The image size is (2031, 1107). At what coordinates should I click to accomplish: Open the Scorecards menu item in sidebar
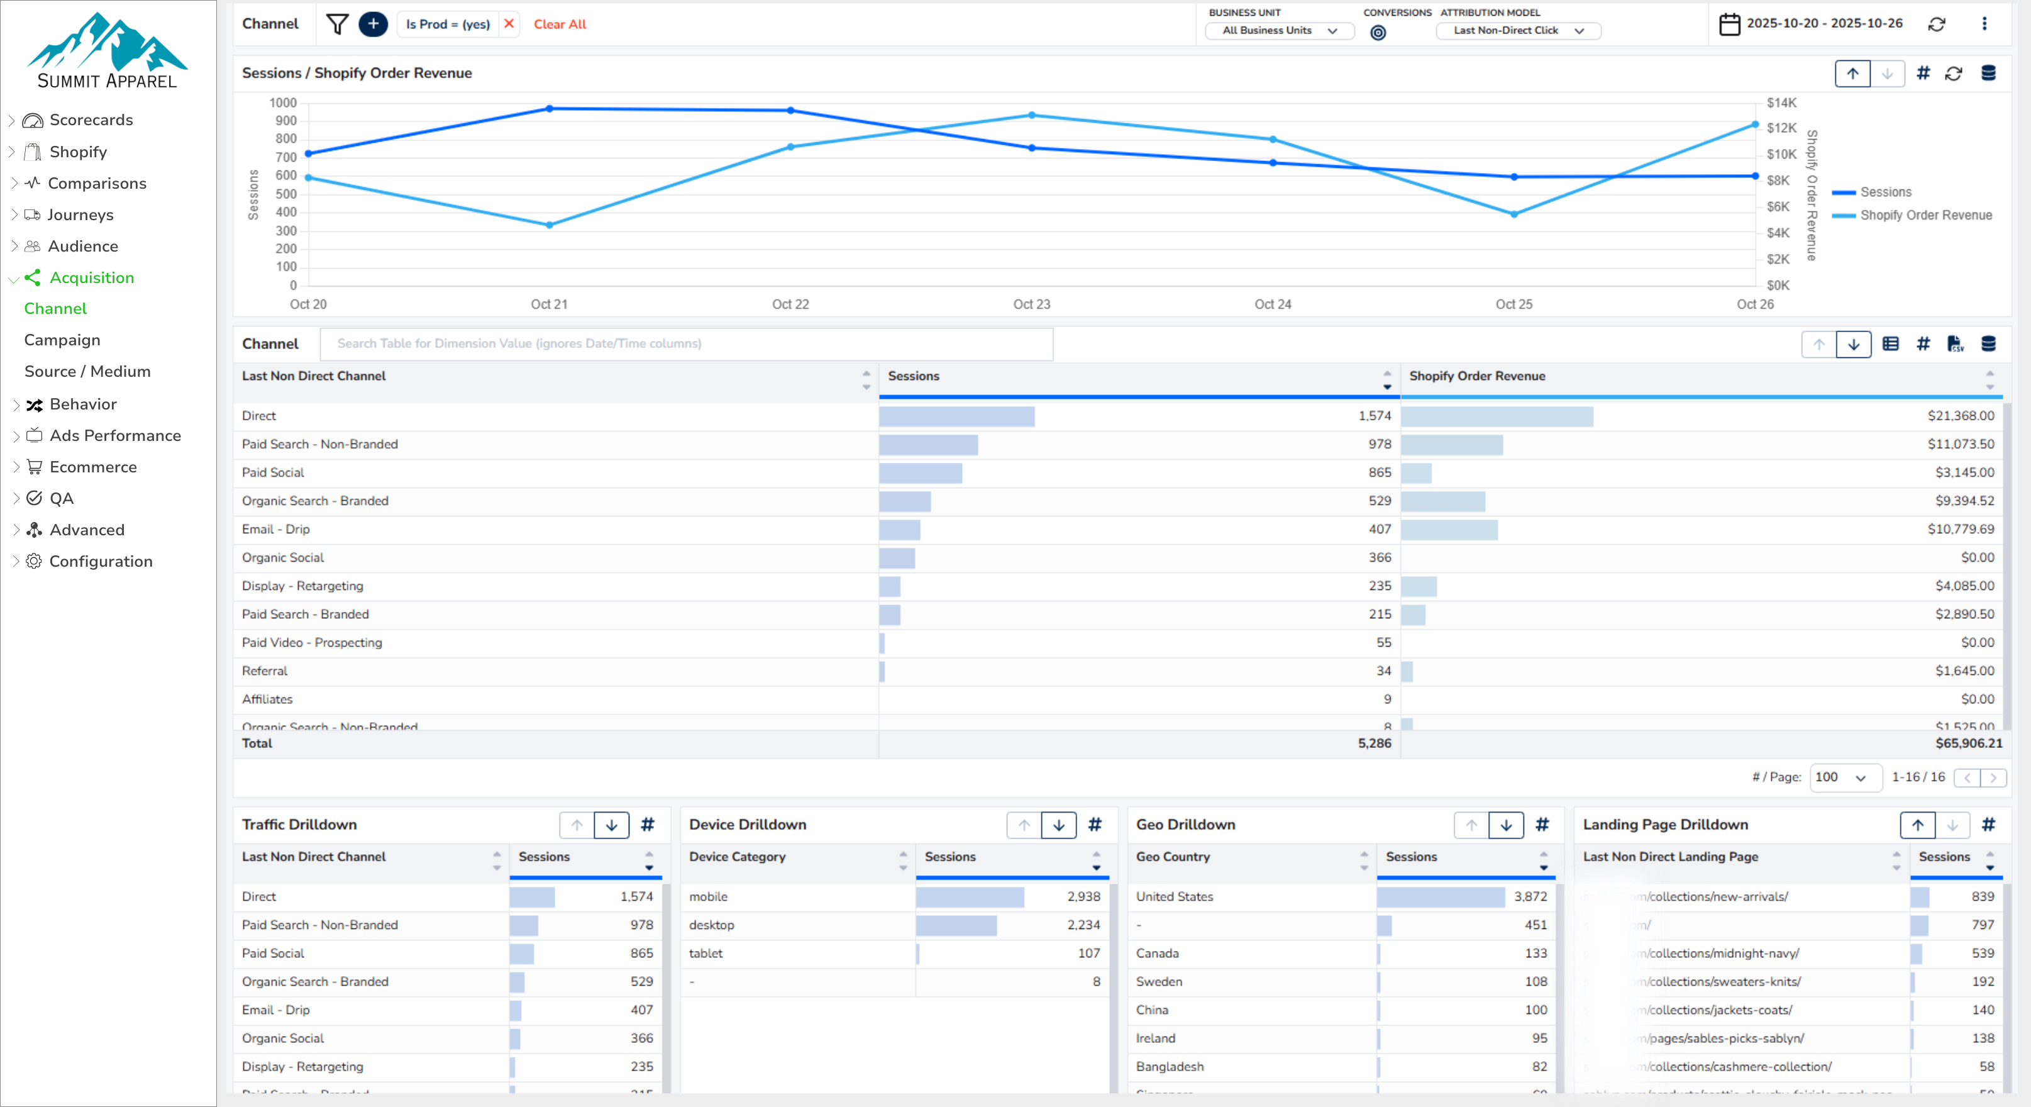pos(91,120)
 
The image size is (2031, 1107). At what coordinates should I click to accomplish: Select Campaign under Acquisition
pos(62,340)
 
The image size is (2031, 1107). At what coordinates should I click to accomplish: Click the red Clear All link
pos(560,25)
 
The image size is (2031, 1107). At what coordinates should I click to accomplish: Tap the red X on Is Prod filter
pos(509,24)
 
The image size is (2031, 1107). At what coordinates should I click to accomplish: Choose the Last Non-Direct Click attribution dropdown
pos(1518,31)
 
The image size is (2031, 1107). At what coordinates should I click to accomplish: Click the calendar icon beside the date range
pos(1729,24)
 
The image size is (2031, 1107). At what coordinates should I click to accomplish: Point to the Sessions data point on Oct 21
pos(550,109)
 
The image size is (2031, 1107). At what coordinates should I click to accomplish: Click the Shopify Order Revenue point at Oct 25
pos(1514,214)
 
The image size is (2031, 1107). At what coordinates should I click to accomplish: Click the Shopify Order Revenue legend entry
pos(1925,215)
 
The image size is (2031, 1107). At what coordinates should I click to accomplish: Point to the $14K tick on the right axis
pos(1781,103)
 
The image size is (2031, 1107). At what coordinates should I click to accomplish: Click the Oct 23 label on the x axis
pos(1031,304)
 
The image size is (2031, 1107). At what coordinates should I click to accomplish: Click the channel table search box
pos(686,344)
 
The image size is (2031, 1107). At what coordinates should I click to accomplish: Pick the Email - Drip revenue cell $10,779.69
pos(1960,529)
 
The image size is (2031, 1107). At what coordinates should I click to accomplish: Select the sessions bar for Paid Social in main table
pos(920,473)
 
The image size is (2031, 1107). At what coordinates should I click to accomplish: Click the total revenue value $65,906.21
pos(1968,743)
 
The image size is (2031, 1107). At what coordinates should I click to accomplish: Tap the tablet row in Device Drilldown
pos(706,954)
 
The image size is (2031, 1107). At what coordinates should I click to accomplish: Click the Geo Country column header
pos(1173,857)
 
